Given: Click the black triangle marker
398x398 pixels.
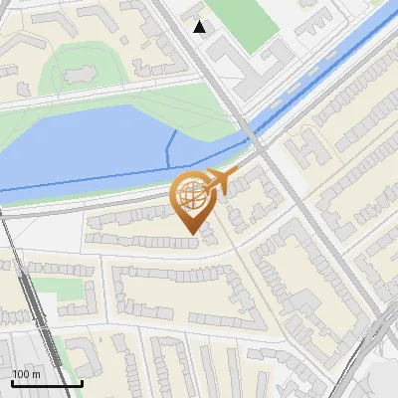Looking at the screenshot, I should pyautogui.click(x=201, y=27).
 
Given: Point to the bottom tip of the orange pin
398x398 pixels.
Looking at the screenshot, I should pyautogui.click(x=190, y=233).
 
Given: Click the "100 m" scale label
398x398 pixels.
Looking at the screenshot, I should pyautogui.click(x=26, y=373).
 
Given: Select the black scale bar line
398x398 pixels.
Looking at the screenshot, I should pyautogui.click(x=47, y=383).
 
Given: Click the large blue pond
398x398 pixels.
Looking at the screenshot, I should pyautogui.click(x=90, y=144).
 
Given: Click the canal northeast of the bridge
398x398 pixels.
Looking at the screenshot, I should pyautogui.click(x=328, y=70).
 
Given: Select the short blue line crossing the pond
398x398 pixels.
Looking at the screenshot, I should pyautogui.click(x=169, y=149).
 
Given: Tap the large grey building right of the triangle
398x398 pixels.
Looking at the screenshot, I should pyautogui.click(x=249, y=65).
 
